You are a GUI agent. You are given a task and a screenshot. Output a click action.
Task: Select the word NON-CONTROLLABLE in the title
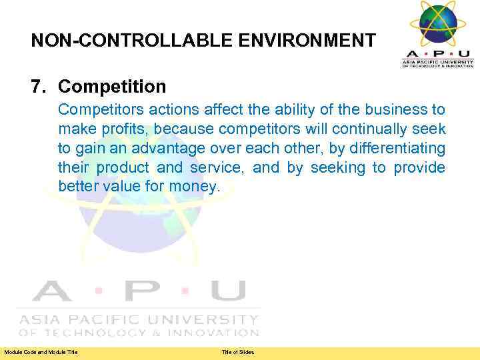click(x=124, y=41)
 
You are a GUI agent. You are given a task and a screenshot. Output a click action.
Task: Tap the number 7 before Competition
click(x=36, y=87)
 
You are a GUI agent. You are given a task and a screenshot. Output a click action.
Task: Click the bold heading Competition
click(x=112, y=87)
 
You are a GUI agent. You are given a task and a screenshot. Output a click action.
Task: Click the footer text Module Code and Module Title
click(x=41, y=352)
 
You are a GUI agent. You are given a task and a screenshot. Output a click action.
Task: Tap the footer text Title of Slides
click(x=238, y=352)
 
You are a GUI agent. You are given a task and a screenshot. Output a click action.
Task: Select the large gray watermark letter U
click(x=227, y=291)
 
